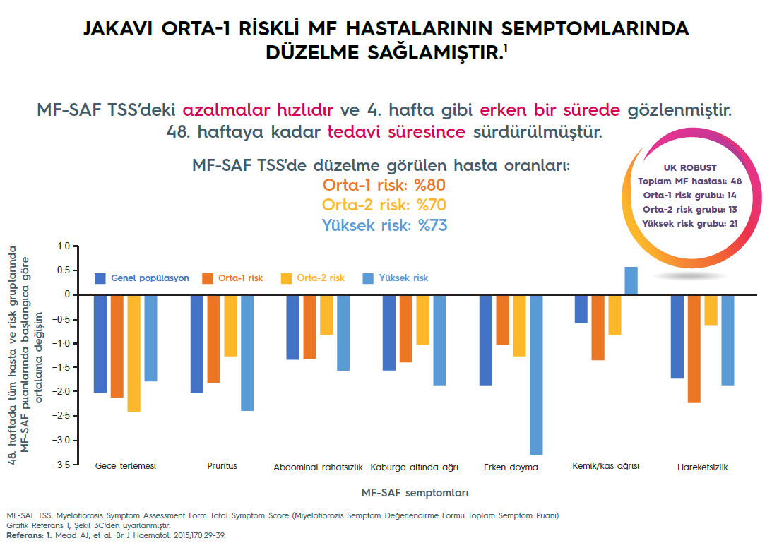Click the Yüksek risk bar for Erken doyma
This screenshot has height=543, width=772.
(536, 374)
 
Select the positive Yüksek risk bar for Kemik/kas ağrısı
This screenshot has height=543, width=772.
(631, 280)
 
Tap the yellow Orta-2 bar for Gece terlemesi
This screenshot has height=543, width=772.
(133, 353)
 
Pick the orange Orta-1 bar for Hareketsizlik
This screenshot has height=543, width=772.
(694, 349)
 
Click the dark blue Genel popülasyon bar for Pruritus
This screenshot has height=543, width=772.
(197, 343)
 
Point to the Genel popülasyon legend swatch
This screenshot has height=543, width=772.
(100, 278)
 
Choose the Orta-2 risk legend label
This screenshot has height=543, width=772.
(321, 278)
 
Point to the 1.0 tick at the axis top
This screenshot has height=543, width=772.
(64, 246)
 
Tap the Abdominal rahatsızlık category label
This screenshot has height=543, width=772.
(318, 467)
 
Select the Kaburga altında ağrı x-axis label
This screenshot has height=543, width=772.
(415, 467)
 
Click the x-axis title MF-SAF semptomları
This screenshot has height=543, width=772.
(415, 491)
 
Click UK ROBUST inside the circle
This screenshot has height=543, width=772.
(690, 168)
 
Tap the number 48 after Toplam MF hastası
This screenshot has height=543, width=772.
(736, 182)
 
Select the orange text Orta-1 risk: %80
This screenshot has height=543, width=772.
(384, 185)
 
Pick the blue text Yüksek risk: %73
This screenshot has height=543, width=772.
(384, 225)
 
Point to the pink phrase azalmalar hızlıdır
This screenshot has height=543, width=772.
(257, 110)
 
